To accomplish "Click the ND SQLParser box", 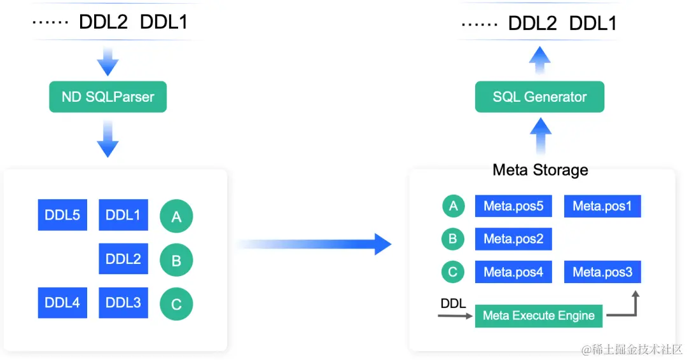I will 108,97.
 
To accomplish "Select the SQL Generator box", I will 539,97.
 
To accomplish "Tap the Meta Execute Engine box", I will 538,315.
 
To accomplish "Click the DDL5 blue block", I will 62,215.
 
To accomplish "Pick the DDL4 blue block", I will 62,303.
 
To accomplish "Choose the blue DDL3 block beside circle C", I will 123,303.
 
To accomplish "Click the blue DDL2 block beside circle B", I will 123,259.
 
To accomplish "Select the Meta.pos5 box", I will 513,206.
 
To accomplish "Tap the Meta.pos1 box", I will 602,206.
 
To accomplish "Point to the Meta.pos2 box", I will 513,239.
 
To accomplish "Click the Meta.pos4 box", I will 513,272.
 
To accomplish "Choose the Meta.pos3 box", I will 602,272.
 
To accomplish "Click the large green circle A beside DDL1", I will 176,217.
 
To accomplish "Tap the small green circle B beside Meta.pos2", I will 453,239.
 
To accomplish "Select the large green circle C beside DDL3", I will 176,305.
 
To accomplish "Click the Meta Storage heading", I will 540,170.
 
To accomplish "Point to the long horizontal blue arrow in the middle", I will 315,244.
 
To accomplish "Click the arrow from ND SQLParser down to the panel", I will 108,141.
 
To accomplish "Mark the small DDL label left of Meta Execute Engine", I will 453,303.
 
